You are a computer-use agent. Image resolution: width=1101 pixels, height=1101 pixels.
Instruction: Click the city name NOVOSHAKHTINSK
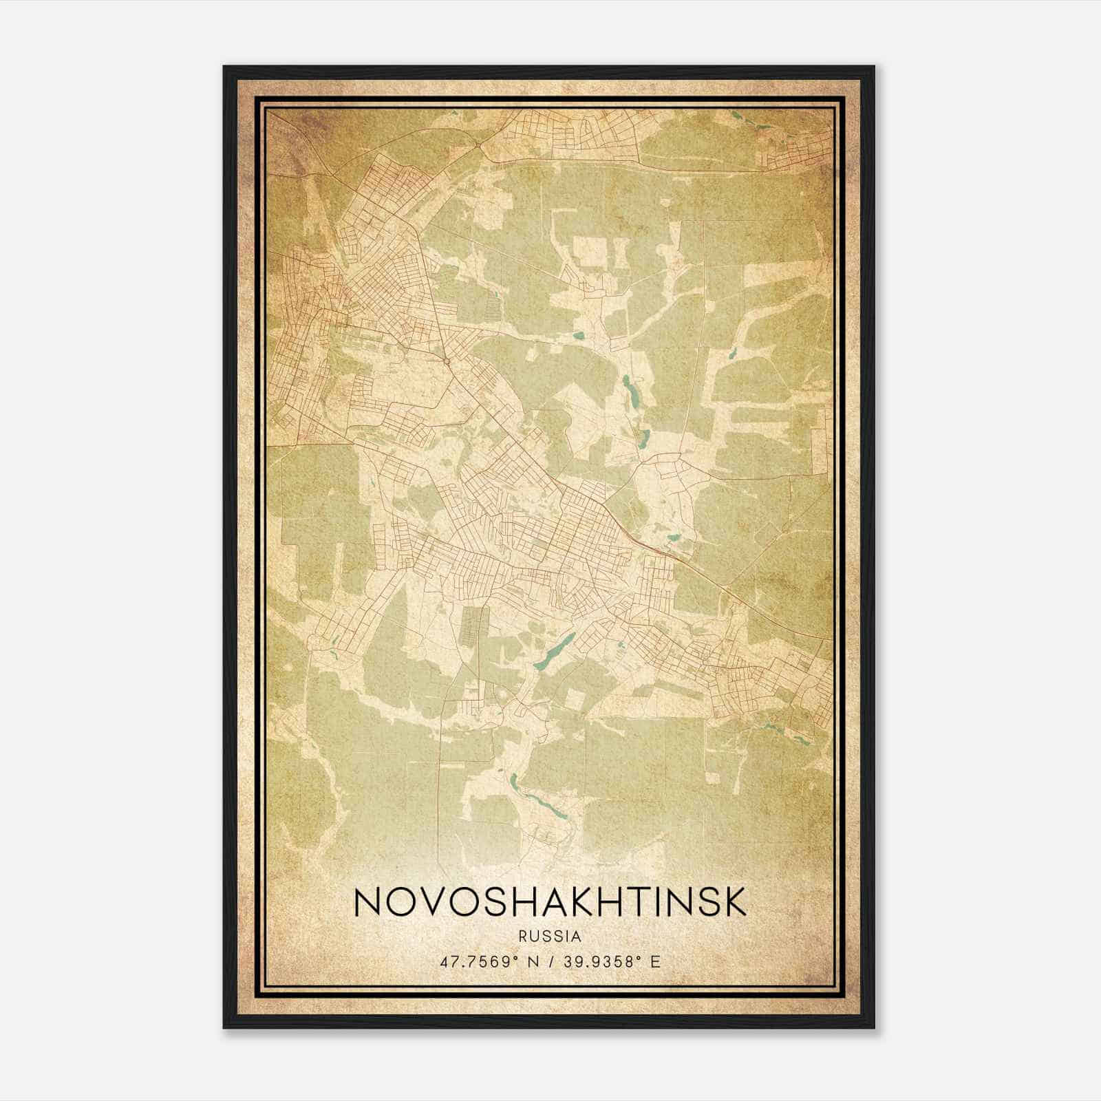pyautogui.click(x=550, y=902)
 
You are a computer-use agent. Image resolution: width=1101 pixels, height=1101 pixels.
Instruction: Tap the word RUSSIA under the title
pyautogui.click(x=550, y=937)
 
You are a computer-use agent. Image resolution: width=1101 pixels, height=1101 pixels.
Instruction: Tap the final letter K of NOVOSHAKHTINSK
pyautogui.click(x=734, y=902)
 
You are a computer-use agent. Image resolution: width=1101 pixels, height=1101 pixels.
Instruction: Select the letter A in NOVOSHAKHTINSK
pyautogui.click(x=540, y=902)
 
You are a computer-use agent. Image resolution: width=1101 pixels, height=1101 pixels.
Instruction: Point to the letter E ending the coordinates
pyautogui.click(x=656, y=961)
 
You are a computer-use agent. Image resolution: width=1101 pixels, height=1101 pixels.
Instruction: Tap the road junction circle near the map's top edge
pyautogui.click(x=477, y=145)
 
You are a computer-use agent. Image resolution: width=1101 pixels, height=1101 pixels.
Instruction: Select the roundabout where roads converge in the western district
pyautogui.click(x=446, y=360)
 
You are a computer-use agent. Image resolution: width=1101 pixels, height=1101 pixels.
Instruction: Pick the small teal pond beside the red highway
pyautogui.click(x=674, y=537)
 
